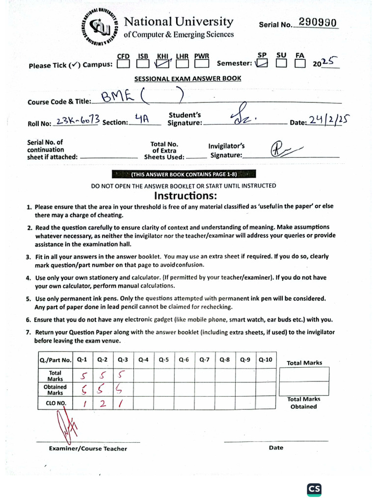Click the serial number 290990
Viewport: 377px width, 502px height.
tap(318, 23)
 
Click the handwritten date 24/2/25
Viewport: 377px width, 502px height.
tap(326, 120)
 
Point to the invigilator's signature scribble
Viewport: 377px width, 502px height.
tap(285, 149)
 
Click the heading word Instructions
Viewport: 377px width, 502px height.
tap(185, 196)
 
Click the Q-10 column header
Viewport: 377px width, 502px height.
tap(265, 359)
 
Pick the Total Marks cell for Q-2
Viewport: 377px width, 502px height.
tap(103, 376)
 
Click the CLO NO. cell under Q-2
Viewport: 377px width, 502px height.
tap(103, 403)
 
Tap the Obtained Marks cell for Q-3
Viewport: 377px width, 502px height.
tap(123, 390)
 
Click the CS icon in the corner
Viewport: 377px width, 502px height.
tap(314, 489)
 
